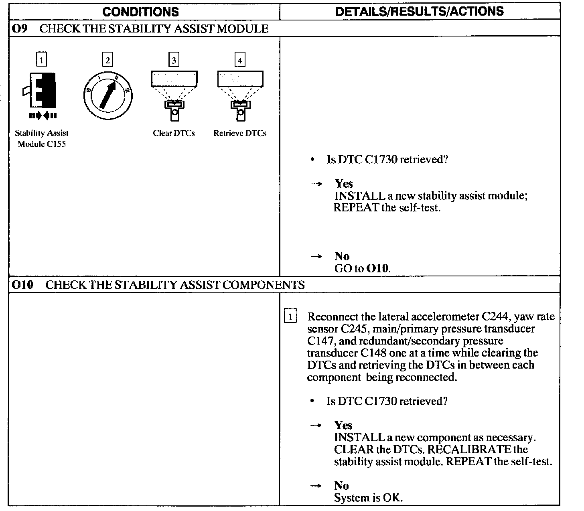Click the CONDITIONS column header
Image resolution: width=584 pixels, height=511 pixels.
tap(140, 12)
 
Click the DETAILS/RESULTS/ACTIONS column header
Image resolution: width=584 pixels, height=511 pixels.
tap(420, 11)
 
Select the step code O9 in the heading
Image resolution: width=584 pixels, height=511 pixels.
tap(20, 29)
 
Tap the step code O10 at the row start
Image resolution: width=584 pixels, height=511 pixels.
tap(22, 285)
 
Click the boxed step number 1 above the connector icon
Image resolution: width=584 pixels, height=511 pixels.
tap(41, 60)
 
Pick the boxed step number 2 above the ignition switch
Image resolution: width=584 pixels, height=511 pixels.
tap(107, 60)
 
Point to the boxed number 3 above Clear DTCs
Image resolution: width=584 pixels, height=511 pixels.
tap(174, 60)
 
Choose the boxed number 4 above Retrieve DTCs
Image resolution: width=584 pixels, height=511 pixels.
tap(240, 60)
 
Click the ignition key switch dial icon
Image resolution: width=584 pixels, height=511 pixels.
tap(108, 96)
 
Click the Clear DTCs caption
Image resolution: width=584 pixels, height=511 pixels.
tap(174, 133)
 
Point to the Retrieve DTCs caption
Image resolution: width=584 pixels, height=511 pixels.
tap(240, 133)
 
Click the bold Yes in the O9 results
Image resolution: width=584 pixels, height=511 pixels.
tap(344, 184)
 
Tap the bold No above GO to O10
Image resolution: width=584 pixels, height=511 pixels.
tap(342, 256)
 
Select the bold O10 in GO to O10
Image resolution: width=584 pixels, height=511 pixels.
tap(378, 268)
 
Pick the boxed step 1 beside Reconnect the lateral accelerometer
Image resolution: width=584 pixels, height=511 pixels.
tap(290, 316)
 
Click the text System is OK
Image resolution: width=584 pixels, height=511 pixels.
tap(368, 498)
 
